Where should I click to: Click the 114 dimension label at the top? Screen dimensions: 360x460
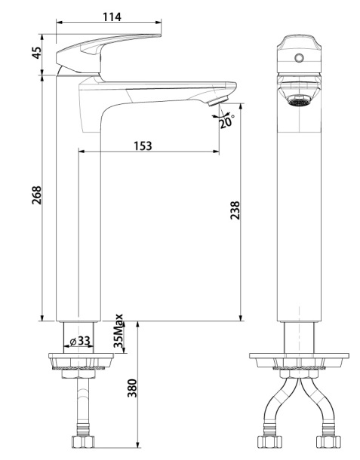(x=112, y=17)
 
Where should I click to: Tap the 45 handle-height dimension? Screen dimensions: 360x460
(x=37, y=53)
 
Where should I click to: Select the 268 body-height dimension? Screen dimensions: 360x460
(x=37, y=195)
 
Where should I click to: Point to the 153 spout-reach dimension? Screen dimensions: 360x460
(x=143, y=146)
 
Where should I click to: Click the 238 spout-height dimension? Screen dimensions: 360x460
(x=235, y=210)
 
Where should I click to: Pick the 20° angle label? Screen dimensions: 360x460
(x=227, y=121)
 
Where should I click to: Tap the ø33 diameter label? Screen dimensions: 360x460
(x=80, y=341)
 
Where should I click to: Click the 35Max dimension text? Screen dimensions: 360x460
(x=118, y=331)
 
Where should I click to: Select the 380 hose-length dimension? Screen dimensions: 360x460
(x=132, y=388)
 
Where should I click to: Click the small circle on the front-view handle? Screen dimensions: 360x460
(x=299, y=58)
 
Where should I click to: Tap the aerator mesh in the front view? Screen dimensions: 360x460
(x=299, y=103)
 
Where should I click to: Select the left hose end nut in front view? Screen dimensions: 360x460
(x=269, y=442)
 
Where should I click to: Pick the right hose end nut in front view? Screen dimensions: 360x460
(x=328, y=442)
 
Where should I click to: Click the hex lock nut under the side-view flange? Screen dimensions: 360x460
(x=78, y=374)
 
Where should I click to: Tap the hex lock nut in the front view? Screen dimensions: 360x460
(x=299, y=374)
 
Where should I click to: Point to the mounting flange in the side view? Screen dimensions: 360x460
(x=81, y=360)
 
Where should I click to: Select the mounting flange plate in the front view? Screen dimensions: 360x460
(x=299, y=360)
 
